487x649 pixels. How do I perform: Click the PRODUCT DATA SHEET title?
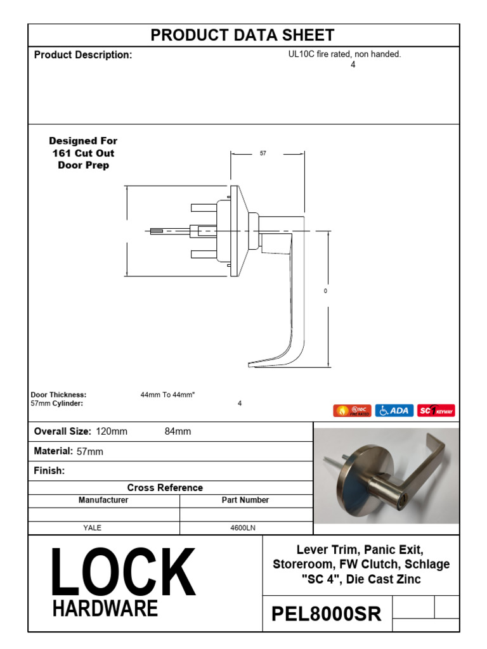point(243,35)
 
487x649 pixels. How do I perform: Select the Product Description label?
point(83,55)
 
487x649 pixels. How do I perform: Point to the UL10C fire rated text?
point(344,55)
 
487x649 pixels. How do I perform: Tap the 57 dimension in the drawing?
point(263,153)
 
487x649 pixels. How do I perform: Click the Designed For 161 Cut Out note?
point(84,153)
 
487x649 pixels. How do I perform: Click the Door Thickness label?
point(58,394)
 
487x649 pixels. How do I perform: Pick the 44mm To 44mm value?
point(167,394)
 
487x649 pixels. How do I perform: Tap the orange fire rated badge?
point(352,411)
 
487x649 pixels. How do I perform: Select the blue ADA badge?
point(394,411)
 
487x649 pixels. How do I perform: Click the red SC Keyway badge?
point(436,411)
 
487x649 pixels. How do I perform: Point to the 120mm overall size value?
point(112,432)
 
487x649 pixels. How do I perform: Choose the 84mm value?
point(178,432)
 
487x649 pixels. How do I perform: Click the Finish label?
point(49,471)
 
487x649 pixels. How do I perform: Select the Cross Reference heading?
point(165,488)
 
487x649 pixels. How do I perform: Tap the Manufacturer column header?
point(103,500)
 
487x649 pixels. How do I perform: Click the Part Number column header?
point(245,500)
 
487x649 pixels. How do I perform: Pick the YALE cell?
point(93,527)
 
